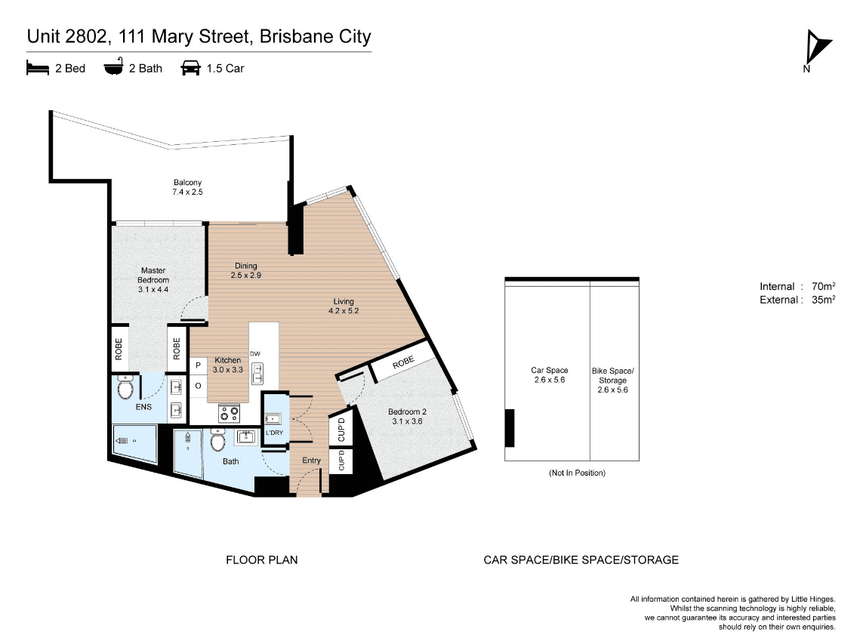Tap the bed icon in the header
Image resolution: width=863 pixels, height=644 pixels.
pyautogui.click(x=38, y=68)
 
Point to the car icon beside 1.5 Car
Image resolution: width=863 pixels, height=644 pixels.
pyautogui.click(x=190, y=68)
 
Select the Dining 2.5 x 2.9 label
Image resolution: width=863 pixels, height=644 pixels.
pyautogui.click(x=246, y=270)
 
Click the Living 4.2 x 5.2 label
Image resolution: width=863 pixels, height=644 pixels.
pyautogui.click(x=344, y=306)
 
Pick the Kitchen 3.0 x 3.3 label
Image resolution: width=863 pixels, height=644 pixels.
pyautogui.click(x=228, y=365)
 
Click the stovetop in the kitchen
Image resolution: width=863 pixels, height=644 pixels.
pyautogui.click(x=230, y=414)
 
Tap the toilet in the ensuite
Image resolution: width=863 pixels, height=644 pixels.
pyautogui.click(x=125, y=388)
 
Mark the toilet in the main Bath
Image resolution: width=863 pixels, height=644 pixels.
pyautogui.click(x=218, y=440)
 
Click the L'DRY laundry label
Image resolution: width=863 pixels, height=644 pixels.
pyautogui.click(x=274, y=433)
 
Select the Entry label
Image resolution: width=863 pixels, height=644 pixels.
pyautogui.click(x=311, y=460)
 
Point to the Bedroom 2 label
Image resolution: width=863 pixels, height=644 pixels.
pyautogui.click(x=407, y=417)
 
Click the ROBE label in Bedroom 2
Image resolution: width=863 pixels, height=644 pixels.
pyautogui.click(x=403, y=362)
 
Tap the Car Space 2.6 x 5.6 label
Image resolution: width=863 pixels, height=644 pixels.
pyautogui.click(x=549, y=374)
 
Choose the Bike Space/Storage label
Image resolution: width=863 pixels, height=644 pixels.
pyautogui.click(x=612, y=381)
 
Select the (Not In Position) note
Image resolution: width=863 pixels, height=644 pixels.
pyautogui.click(x=577, y=473)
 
